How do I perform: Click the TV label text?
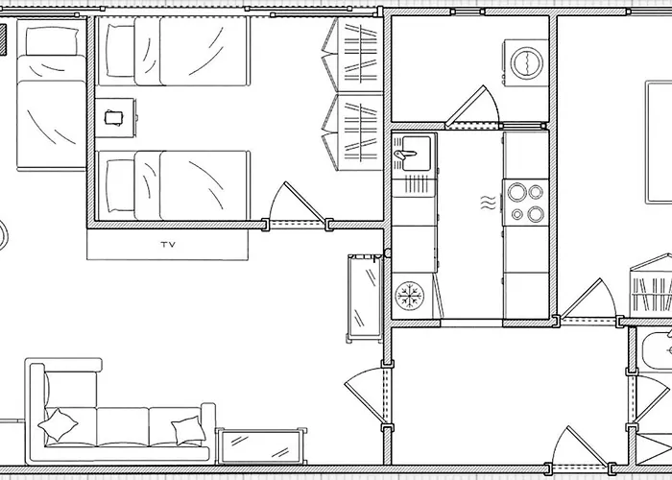coord(168,245)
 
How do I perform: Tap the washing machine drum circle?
coord(527,62)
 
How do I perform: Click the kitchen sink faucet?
coord(404,154)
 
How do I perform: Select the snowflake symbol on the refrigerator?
coord(409,296)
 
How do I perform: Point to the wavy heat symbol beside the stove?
coord(488,203)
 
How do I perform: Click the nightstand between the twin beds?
coord(114,118)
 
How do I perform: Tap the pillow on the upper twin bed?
coord(120,51)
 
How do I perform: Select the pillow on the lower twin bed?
coord(120,185)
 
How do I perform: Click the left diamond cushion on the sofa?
coord(58,424)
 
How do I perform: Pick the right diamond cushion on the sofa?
coord(188,430)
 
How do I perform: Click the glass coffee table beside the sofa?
coord(261,446)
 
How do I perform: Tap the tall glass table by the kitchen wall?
coord(365,298)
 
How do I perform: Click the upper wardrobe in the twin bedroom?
coord(352,55)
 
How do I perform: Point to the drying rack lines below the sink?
coord(415,184)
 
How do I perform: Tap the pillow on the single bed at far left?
coord(52,41)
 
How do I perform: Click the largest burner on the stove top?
coord(516,192)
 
